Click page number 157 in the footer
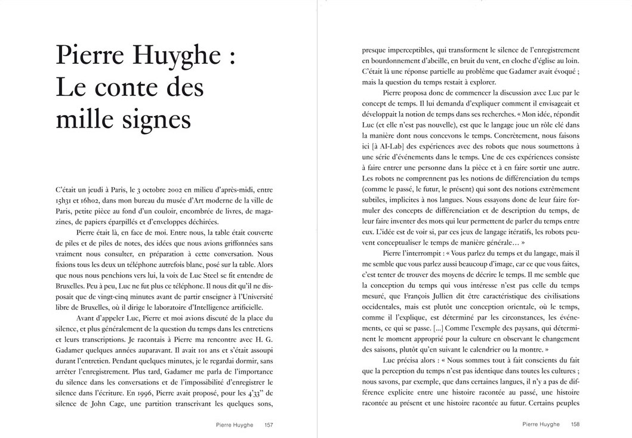[269, 424]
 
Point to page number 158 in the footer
[575, 424]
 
